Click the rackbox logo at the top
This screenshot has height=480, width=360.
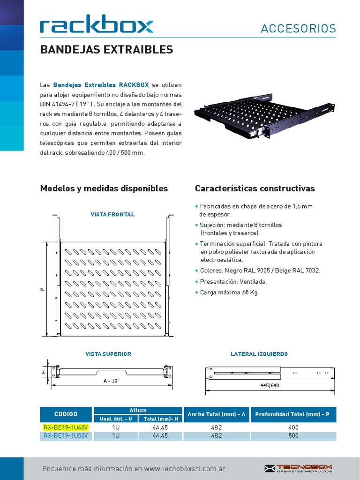coord(97,25)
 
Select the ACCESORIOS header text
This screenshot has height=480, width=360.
coord(298,29)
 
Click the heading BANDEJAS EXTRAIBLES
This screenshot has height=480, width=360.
coord(106,50)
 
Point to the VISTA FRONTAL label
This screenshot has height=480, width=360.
coord(112,214)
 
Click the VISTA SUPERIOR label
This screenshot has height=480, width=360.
coord(108,354)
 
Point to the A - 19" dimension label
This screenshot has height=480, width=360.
coord(112,381)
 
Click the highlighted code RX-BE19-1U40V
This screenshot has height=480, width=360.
coord(67,427)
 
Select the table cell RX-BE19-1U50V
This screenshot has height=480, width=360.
coord(67,435)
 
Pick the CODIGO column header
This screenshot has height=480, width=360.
coord(67,414)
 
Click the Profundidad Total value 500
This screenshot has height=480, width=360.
coord(293,435)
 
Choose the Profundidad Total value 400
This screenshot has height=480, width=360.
coord(293,427)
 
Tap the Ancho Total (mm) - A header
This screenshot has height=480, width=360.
coord(217,414)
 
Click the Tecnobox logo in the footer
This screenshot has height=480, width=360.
coord(298,468)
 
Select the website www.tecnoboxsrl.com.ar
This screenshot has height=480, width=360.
coord(185,469)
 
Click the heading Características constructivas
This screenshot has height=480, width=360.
coord(255,188)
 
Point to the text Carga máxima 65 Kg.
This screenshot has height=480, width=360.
coord(229,292)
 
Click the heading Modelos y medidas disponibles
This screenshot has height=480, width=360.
coord(104,188)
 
